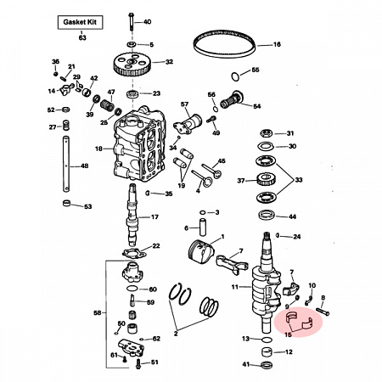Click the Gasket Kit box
pyautogui.click(x=80, y=22)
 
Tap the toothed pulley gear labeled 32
pyautogui.click(x=132, y=65)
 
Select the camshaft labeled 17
pyautogui.click(x=132, y=215)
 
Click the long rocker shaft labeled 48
pyautogui.click(x=66, y=164)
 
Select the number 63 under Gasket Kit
pyautogui.click(x=82, y=37)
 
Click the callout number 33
pyautogui.click(x=299, y=180)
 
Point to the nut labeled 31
pyautogui.click(x=266, y=133)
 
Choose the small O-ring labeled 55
pyautogui.click(x=235, y=76)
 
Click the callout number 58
pyautogui.click(x=98, y=312)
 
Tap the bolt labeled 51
pyautogui.click(x=138, y=363)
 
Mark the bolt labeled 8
pyautogui.click(x=323, y=311)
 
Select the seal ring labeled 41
pyautogui.click(x=267, y=365)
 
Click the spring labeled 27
pyautogui.click(x=65, y=125)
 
